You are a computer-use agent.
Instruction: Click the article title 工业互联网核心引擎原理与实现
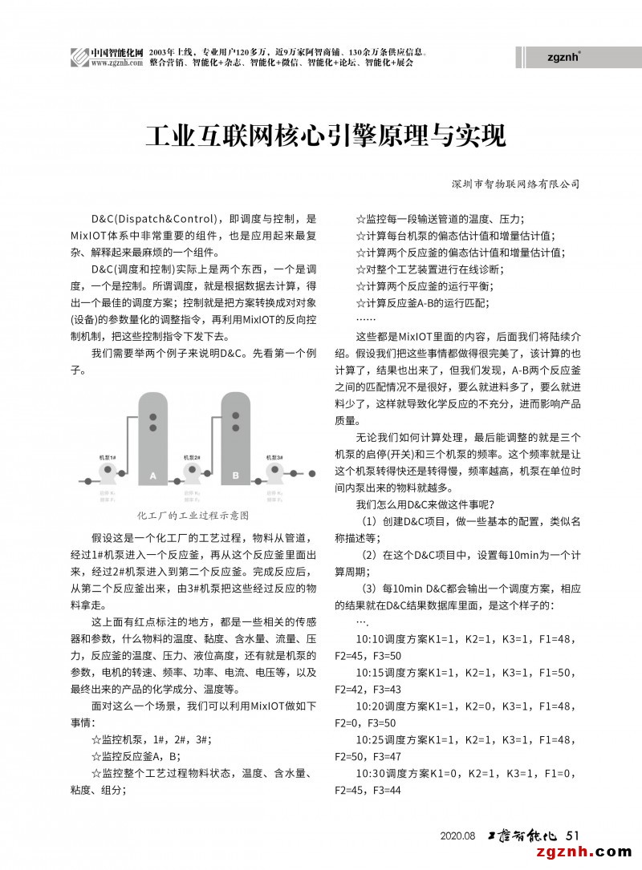(325, 135)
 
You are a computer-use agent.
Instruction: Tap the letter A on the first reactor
(152, 475)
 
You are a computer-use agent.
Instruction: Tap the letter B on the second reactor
(236, 475)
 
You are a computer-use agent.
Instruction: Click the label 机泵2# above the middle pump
(192, 457)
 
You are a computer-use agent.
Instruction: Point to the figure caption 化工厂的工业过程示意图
(193, 514)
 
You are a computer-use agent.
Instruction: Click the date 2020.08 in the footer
(458, 836)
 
